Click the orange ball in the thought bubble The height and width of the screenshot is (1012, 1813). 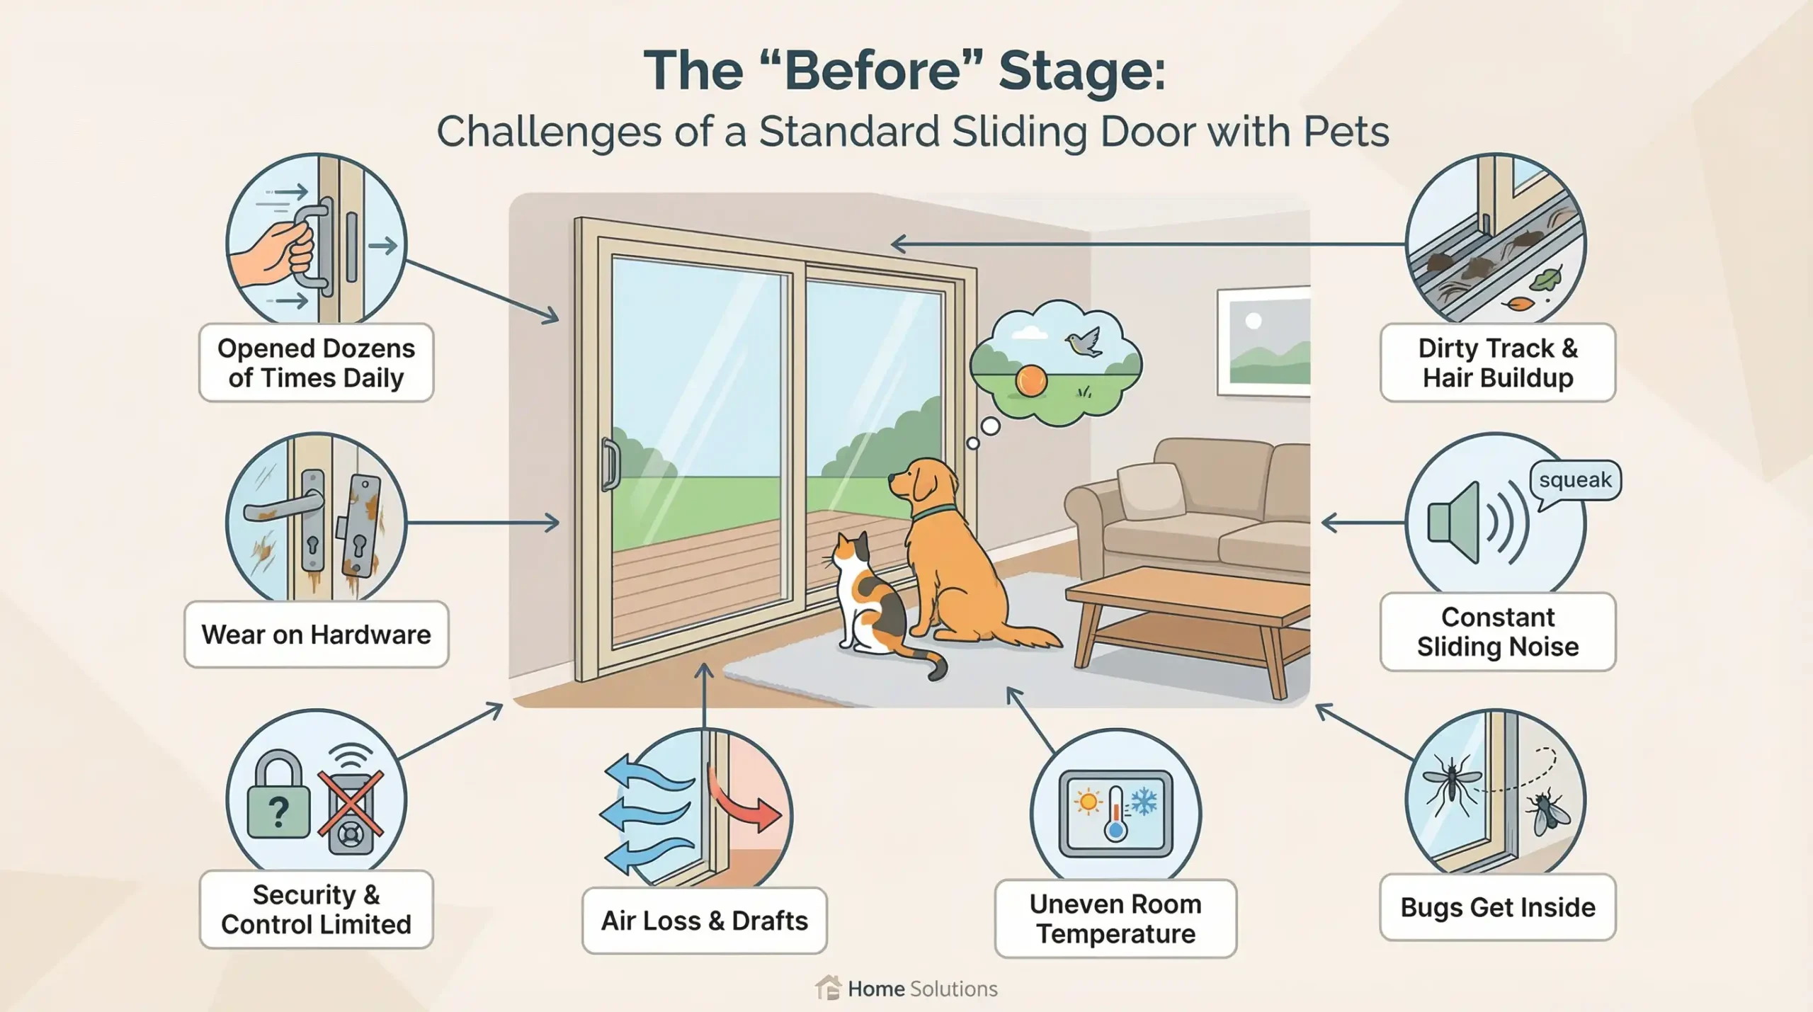point(1031,380)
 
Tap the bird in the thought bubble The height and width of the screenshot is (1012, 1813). point(1084,341)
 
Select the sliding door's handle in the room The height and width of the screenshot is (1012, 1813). point(609,464)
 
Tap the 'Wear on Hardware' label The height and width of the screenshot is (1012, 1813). point(316,635)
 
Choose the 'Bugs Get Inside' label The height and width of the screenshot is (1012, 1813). point(1498,907)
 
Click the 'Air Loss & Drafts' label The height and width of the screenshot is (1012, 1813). point(705,921)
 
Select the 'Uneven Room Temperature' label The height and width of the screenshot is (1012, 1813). point(1115,919)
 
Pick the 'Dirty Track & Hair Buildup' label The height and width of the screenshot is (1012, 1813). point(1498,363)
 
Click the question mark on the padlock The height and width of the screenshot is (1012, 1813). point(279,812)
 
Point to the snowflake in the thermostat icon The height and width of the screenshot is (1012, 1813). point(1142,802)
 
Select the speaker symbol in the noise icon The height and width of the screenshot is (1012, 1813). point(1453,523)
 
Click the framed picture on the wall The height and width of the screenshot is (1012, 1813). point(1263,341)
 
